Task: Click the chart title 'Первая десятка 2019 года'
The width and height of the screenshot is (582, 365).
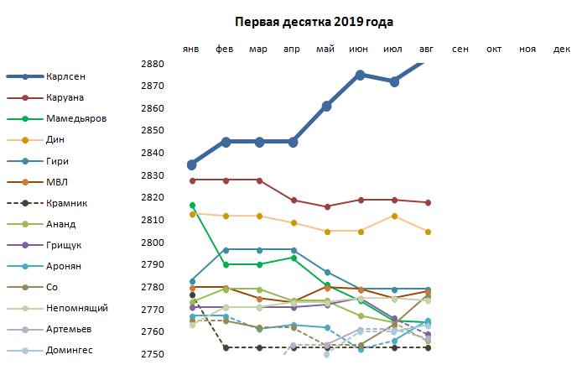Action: click(x=314, y=22)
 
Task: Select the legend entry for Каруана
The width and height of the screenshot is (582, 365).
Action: click(x=65, y=97)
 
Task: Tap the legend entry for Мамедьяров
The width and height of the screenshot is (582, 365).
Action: click(x=76, y=118)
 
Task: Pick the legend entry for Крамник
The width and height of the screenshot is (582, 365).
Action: click(x=67, y=203)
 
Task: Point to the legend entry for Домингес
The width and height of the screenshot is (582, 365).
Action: click(x=70, y=350)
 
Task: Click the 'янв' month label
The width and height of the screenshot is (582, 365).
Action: click(x=191, y=50)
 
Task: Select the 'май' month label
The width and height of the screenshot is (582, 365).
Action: click(x=326, y=50)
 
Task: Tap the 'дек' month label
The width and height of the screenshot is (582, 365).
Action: click(x=562, y=50)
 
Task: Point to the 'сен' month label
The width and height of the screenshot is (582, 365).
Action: click(x=460, y=50)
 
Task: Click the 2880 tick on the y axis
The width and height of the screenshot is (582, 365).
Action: click(x=153, y=64)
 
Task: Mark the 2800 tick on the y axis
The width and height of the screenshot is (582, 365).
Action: click(x=153, y=242)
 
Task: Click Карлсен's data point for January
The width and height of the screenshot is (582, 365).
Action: click(x=192, y=164)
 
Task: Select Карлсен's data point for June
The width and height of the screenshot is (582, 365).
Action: click(x=361, y=76)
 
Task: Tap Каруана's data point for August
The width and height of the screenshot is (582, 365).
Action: click(x=428, y=202)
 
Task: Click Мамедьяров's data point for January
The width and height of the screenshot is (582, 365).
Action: click(x=192, y=205)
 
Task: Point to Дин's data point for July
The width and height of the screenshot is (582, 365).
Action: click(x=394, y=216)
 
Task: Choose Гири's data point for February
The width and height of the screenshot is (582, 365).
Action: click(x=226, y=249)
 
